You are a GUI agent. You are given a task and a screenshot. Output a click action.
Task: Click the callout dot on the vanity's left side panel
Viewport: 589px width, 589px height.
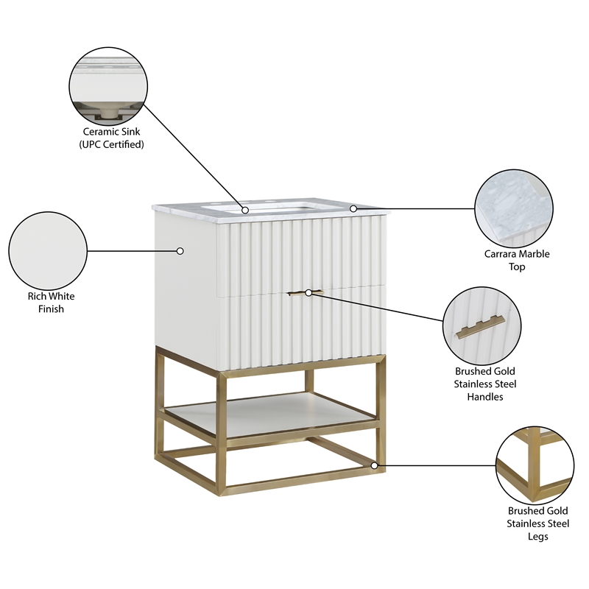coord(180,251)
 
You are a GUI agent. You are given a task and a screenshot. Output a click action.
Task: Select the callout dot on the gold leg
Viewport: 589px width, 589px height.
coord(375,465)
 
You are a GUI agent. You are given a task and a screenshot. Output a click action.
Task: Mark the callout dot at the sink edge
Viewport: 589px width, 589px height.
coord(245,210)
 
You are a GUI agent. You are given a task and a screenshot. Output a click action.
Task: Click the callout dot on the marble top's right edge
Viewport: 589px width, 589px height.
coord(353,208)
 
